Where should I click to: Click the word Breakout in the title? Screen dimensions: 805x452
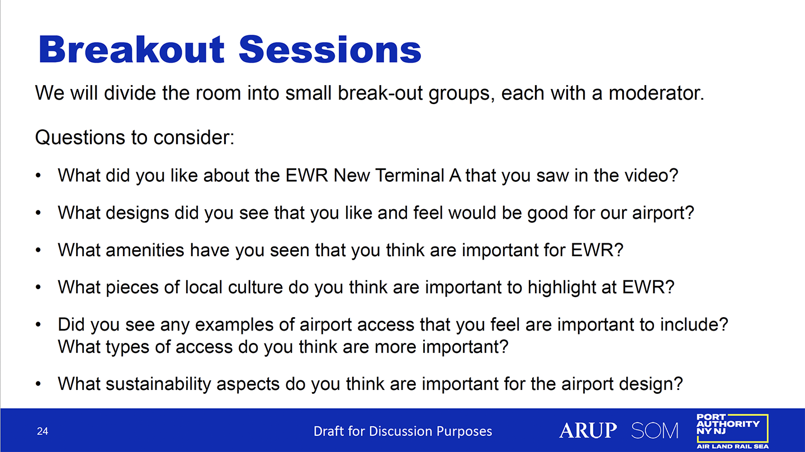(131, 49)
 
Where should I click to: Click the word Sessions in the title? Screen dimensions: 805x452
(330, 50)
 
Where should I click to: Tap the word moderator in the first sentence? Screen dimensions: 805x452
(656, 93)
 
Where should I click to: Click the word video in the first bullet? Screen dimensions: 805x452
(651, 176)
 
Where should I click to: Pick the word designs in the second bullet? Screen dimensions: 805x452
(138, 213)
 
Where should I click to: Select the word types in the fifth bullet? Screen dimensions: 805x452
(127, 347)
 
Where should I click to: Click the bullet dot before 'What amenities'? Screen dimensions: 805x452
(39, 250)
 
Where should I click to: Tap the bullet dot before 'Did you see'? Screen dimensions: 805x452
(39, 324)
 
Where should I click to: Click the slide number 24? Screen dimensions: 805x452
(42, 431)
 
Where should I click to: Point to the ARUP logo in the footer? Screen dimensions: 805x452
(588, 430)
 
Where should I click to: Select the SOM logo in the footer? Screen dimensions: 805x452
(655, 430)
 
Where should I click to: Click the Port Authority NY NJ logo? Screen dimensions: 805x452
(732, 431)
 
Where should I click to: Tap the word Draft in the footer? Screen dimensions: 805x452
(329, 431)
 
